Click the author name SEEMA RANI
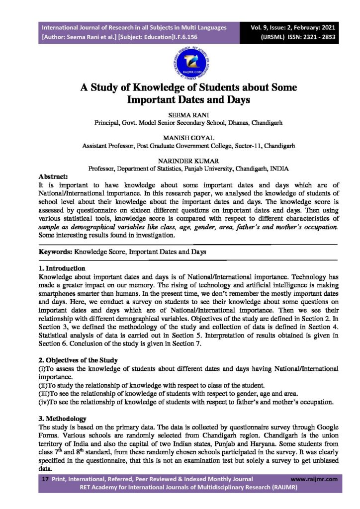180,114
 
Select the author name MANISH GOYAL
180,138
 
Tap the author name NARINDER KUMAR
180,161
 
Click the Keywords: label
54,252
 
